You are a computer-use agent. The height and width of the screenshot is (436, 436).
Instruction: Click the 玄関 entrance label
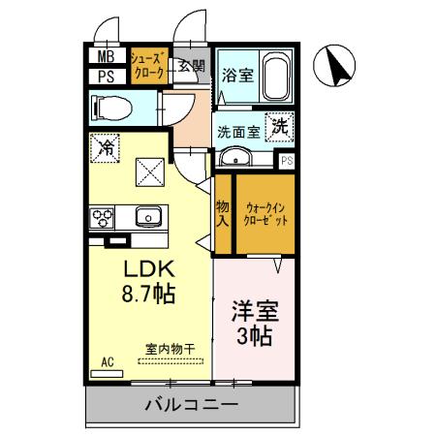pyautogui.click(x=192, y=67)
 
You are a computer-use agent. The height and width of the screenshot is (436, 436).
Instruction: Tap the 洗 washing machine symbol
pyautogui.click(x=280, y=125)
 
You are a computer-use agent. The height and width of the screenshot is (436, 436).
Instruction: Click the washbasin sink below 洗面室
pyautogui.click(x=235, y=158)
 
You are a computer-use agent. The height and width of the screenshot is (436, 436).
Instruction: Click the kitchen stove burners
pyautogui.click(x=102, y=216)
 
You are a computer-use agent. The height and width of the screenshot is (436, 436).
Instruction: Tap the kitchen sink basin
pyautogui.click(x=147, y=215)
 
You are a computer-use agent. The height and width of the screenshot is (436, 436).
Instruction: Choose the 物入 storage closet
pyautogui.click(x=222, y=214)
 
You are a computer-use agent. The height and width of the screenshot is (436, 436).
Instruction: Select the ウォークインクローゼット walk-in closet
pyautogui.click(x=264, y=214)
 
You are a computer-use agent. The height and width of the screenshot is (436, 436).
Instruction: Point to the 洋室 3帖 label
pyautogui.click(x=253, y=324)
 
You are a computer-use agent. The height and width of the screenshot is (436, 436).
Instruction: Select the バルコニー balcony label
pyautogui.click(x=191, y=403)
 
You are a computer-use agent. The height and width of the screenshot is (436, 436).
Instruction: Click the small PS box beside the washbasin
pyautogui.click(x=287, y=161)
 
